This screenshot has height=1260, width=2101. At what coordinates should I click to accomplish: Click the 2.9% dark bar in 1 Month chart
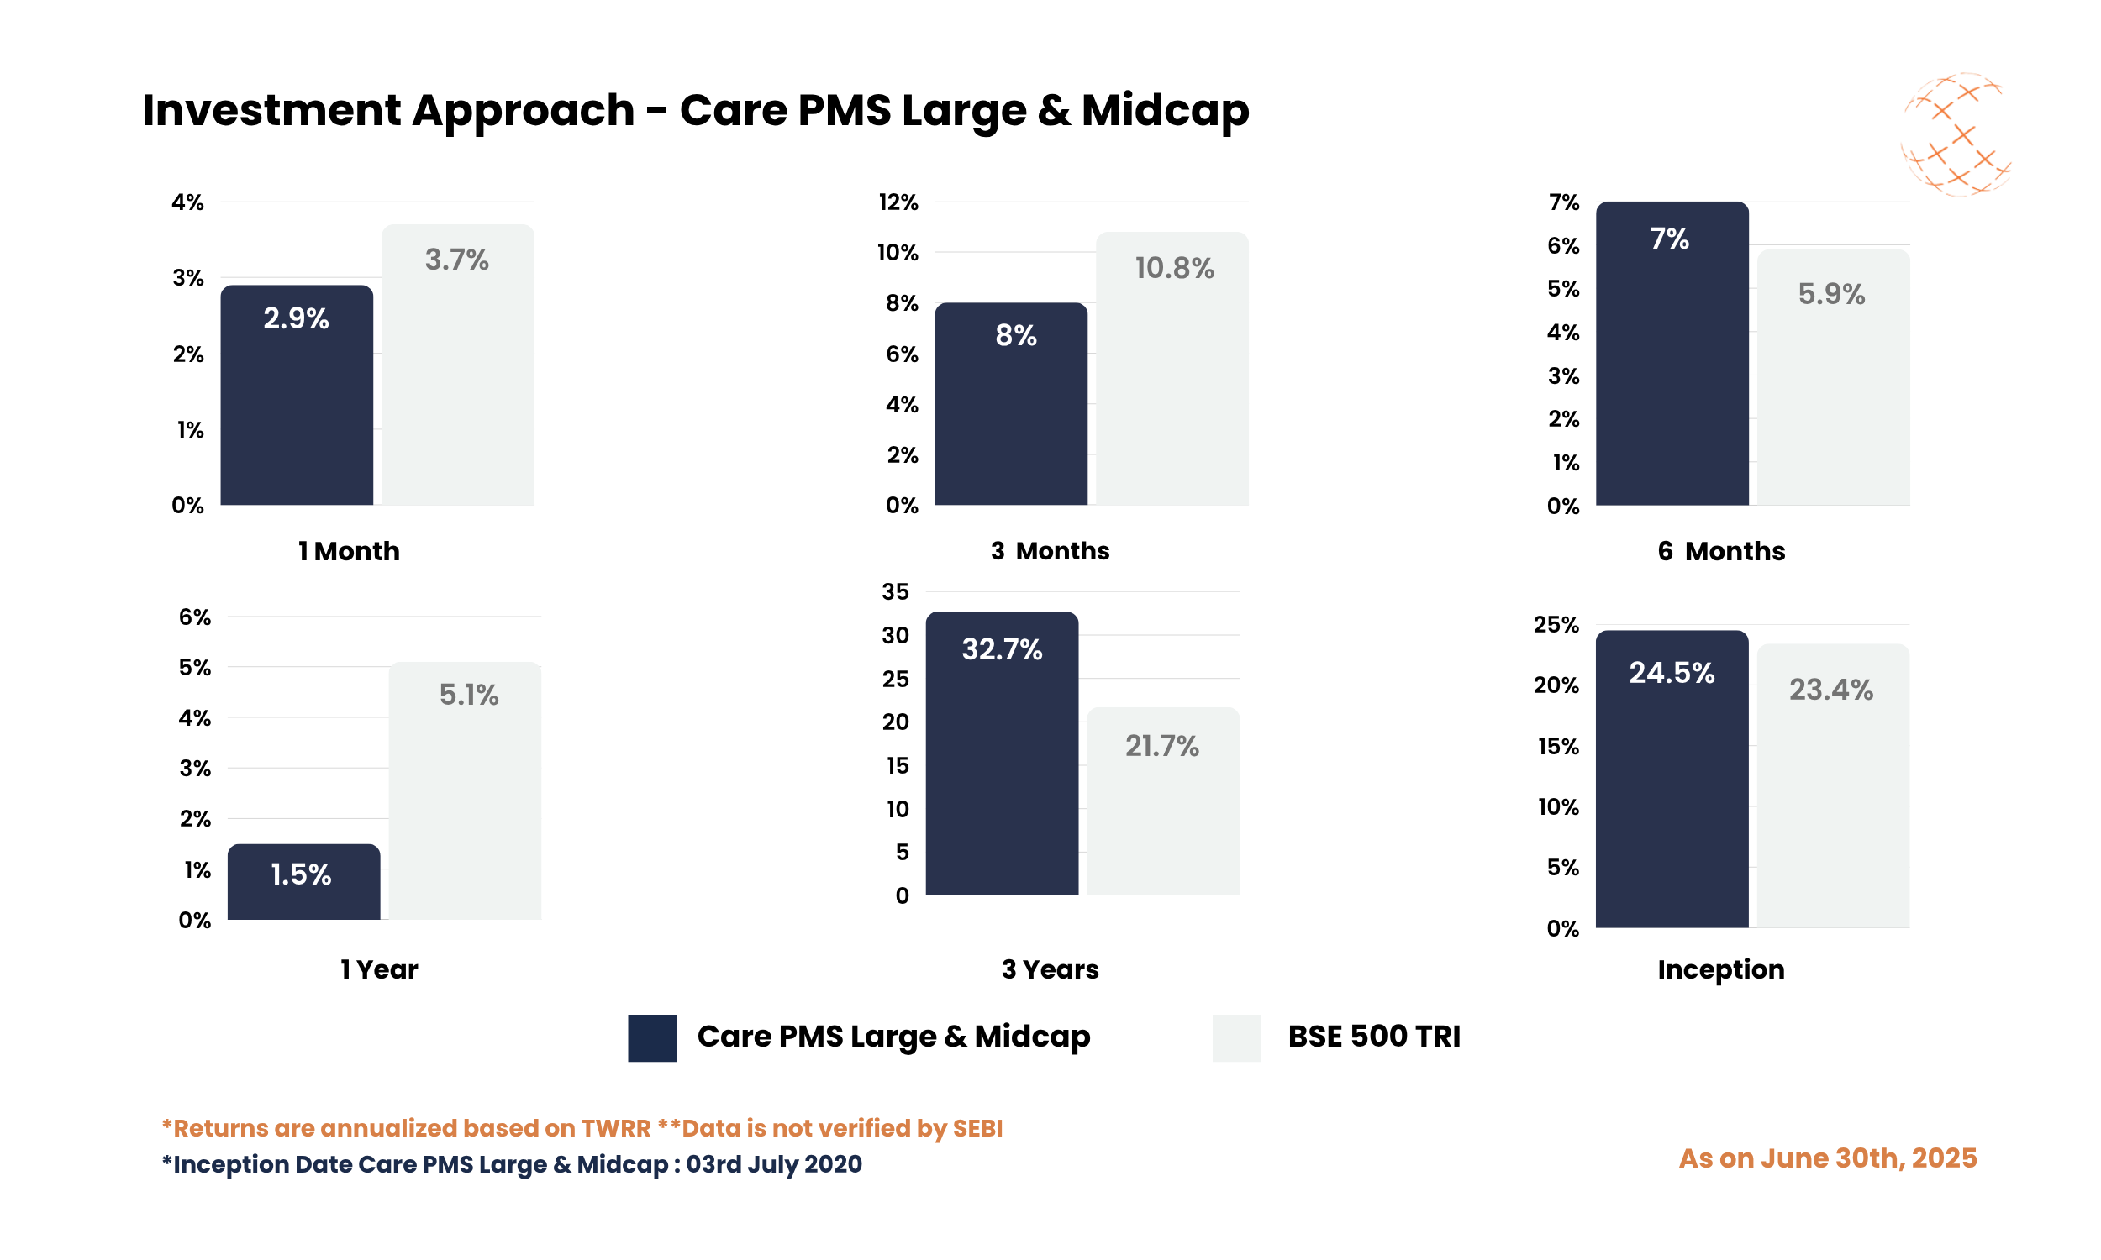click(x=297, y=407)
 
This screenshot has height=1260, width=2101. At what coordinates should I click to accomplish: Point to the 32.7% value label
click(x=1001, y=649)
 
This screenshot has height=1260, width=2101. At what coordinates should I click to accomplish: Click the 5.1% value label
click(x=468, y=695)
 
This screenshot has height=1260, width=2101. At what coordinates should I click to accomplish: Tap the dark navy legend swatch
click(x=651, y=1037)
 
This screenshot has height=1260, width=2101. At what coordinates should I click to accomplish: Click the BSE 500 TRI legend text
click(x=1373, y=1037)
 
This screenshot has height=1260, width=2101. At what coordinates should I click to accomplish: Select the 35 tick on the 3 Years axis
click(x=894, y=592)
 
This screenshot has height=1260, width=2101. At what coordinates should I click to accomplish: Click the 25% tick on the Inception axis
click(x=1555, y=625)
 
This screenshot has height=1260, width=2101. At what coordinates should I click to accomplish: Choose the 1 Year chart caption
click(x=379, y=969)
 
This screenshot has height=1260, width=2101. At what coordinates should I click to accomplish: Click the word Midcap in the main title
click(x=1164, y=110)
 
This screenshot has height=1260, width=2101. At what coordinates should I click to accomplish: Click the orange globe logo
click(x=1954, y=134)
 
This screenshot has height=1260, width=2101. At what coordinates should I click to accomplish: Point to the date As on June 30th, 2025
click(x=1827, y=1158)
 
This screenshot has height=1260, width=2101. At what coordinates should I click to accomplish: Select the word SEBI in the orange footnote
click(x=977, y=1127)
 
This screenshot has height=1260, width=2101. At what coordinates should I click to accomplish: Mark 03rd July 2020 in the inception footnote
click(x=773, y=1163)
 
